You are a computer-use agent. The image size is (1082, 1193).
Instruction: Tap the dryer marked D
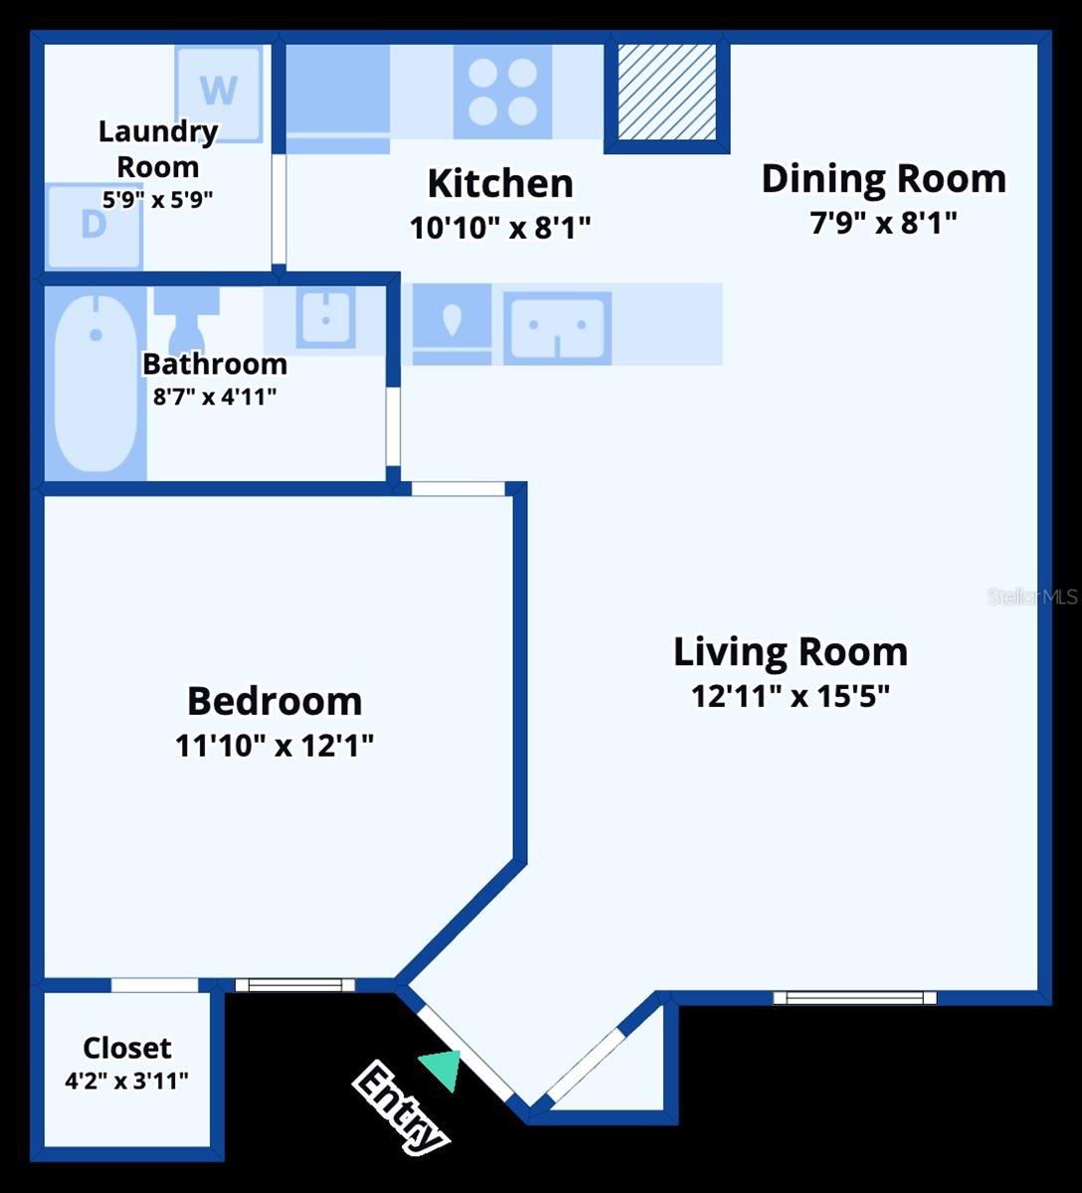pyautogui.click(x=93, y=226)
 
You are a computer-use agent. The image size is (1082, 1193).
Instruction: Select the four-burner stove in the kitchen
pyautogui.click(x=502, y=91)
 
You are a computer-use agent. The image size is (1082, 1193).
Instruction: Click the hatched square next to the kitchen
pyautogui.click(x=667, y=92)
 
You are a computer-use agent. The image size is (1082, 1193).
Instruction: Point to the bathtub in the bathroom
pyautogui.click(x=95, y=384)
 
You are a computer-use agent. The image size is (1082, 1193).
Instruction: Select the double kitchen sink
pyautogui.click(x=557, y=327)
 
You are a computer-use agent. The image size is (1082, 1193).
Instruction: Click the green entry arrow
pyautogui.click(x=442, y=1069)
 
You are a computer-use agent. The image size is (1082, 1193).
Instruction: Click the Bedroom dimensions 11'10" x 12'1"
pyautogui.click(x=274, y=745)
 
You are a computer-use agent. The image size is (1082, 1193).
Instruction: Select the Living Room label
pyautogui.click(x=791, y=652)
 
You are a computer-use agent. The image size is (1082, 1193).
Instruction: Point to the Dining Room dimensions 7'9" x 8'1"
pyautogui.click(x=883, y=223)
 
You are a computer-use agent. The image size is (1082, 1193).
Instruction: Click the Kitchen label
pyautogui.click(x=500, y=184)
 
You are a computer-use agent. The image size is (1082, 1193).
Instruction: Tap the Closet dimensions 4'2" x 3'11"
pyautogui.click(x=126, y=1081)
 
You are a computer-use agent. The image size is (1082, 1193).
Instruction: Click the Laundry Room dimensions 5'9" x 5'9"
pyautogui.click(x=157, y=199)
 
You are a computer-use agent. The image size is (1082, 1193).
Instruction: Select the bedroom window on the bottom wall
pyautogui.click(x=294, y=985)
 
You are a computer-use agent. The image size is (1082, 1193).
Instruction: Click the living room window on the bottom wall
pyautogui.click(x=854, y=997)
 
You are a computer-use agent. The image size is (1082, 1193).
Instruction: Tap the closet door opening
pyautogui.click(x=154, y=985)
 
